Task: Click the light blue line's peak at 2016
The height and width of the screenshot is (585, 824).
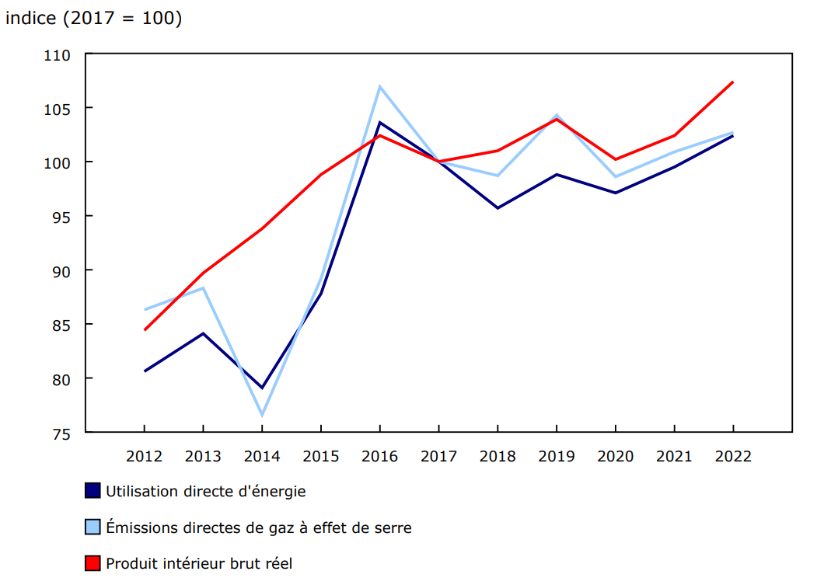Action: point(379,86)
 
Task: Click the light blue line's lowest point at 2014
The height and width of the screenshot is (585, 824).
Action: point(262,415)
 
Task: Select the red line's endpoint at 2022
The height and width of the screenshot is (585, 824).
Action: point(732,82)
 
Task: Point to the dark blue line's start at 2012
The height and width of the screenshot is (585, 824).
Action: point(145,371)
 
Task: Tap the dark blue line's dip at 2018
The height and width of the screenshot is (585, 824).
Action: point(498,208)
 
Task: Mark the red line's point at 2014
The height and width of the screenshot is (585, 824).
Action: point(262,228)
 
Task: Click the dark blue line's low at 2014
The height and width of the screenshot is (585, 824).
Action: point(262,388)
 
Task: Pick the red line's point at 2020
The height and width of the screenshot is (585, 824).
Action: point(615,159)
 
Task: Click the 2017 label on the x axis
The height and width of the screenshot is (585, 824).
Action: point(438,456)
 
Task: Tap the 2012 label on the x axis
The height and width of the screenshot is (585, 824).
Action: point(145,456)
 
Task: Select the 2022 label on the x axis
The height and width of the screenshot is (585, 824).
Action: point(732,456)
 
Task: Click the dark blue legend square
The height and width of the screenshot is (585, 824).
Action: point(93,491)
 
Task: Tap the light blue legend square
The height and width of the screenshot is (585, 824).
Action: point(93,528)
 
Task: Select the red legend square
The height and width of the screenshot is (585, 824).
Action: point(93,563)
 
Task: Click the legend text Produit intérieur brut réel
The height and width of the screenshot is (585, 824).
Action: point(199,563)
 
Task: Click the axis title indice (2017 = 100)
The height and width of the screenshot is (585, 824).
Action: point(94,18)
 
